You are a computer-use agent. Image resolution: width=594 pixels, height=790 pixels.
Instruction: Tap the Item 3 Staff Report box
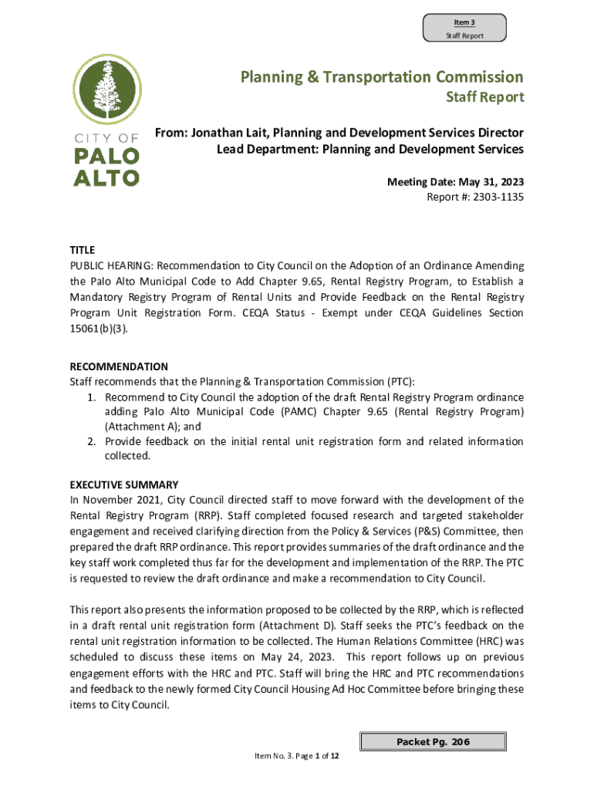point(464,29)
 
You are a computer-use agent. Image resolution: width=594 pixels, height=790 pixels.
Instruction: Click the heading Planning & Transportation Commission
point(382,77)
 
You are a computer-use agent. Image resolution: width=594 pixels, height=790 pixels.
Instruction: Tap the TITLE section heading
point(83,250)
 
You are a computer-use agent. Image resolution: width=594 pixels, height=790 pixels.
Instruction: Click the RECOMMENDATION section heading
point(119,366)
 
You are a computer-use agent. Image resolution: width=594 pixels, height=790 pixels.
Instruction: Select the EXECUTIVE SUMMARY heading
point(124,484)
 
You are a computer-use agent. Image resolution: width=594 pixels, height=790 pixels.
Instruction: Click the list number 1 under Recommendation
point(90,397)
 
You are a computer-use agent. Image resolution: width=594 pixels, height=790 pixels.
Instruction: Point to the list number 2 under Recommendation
point(90,441)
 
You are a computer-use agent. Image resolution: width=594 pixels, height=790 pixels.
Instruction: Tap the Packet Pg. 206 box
point(433,742)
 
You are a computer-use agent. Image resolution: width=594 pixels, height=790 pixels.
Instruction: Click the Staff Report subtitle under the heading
point(485,97)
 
